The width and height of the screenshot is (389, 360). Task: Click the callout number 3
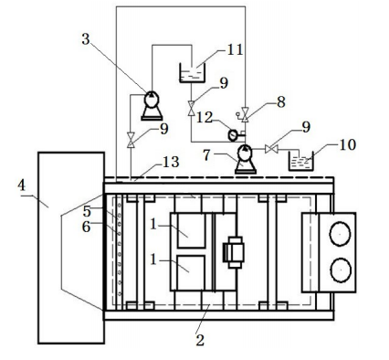tap(86, 39)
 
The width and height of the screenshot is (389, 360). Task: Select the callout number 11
tap(236, 49)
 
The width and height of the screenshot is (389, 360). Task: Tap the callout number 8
tap(280, 102)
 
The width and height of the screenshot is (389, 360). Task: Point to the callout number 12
tap(205, 117)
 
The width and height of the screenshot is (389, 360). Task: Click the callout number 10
tap(348, 144)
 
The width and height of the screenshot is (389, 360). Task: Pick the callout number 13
tap(171, 162)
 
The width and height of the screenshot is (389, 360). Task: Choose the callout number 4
tap(21, 185)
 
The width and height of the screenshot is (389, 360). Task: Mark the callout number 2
tap(200, 340)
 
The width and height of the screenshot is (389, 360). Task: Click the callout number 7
tap(206, 155)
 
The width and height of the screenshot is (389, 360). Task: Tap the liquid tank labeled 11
tap(192, 73)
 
